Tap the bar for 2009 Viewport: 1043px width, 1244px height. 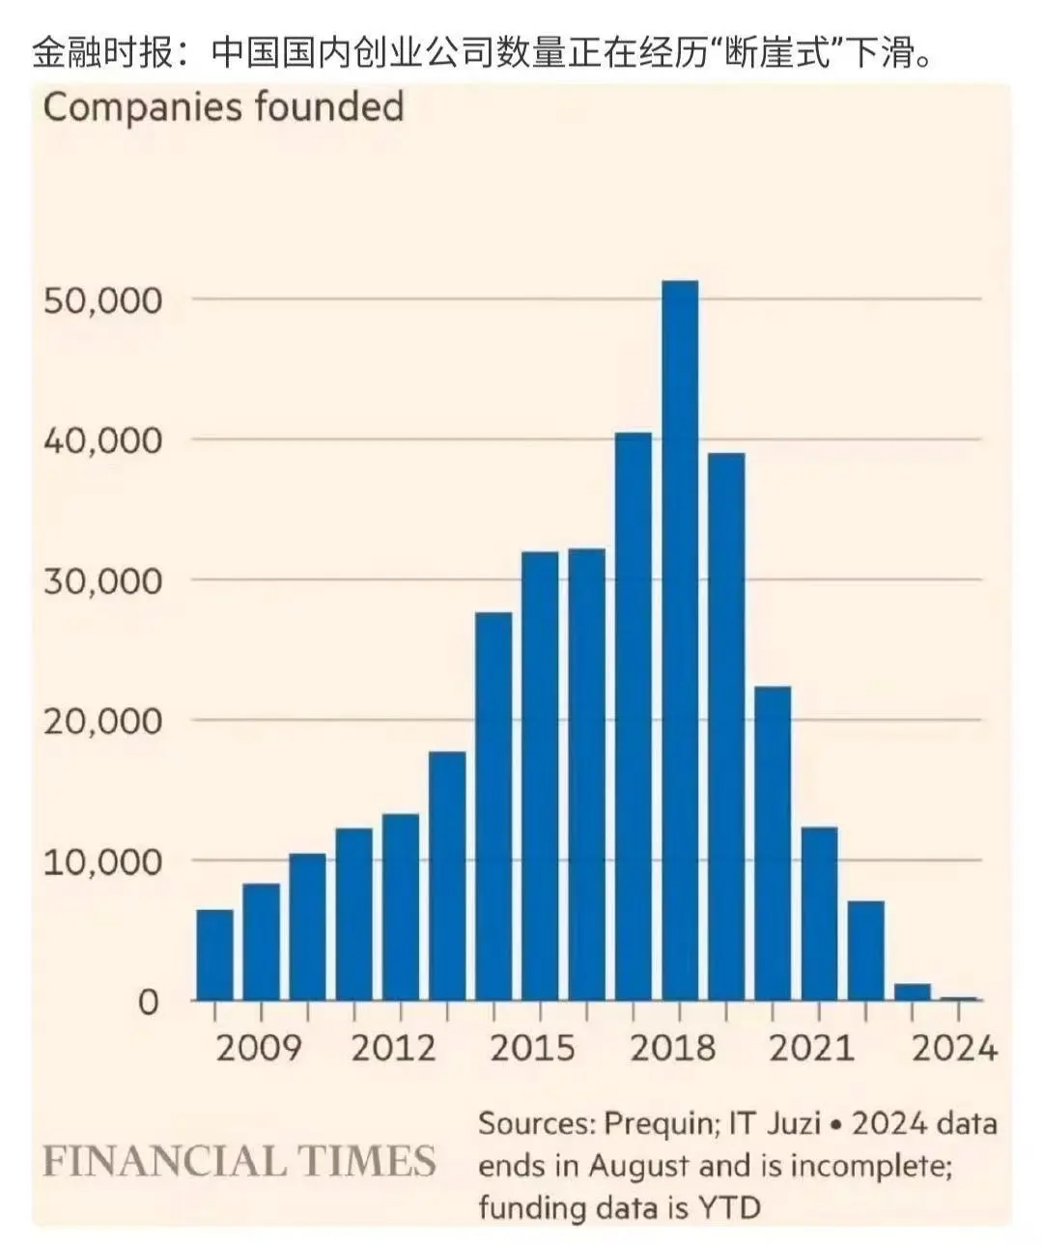[x=261, y=941]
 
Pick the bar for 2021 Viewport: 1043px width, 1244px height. [x=819, y=913]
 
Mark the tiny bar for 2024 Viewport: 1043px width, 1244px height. [x=958, y=998]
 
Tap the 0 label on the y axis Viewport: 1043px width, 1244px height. [x=148, y=1003]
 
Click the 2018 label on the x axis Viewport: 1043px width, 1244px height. [x=673, y=1048]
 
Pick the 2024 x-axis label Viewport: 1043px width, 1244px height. [x=954, y=1048]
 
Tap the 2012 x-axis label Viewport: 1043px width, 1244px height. [x=393, y=1048]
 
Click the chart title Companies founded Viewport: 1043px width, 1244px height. [x=223, y=107]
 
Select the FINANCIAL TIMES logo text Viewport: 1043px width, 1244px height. [x=240, y=1160]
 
